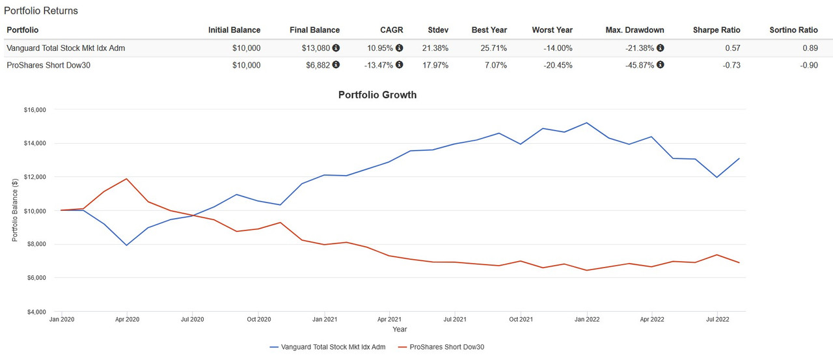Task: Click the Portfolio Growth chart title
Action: click(377, 95)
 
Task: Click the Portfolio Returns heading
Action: click(41, 11)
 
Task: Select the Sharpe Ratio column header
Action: click(717, 30)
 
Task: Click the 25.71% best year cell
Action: click(493, 48)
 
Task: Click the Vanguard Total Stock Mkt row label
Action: click(65, 48)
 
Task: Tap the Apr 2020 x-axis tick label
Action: click(126, 320)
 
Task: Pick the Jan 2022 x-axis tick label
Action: click(587, 320)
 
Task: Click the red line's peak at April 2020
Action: click(126, 178)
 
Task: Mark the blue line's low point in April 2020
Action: click(126, 245)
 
